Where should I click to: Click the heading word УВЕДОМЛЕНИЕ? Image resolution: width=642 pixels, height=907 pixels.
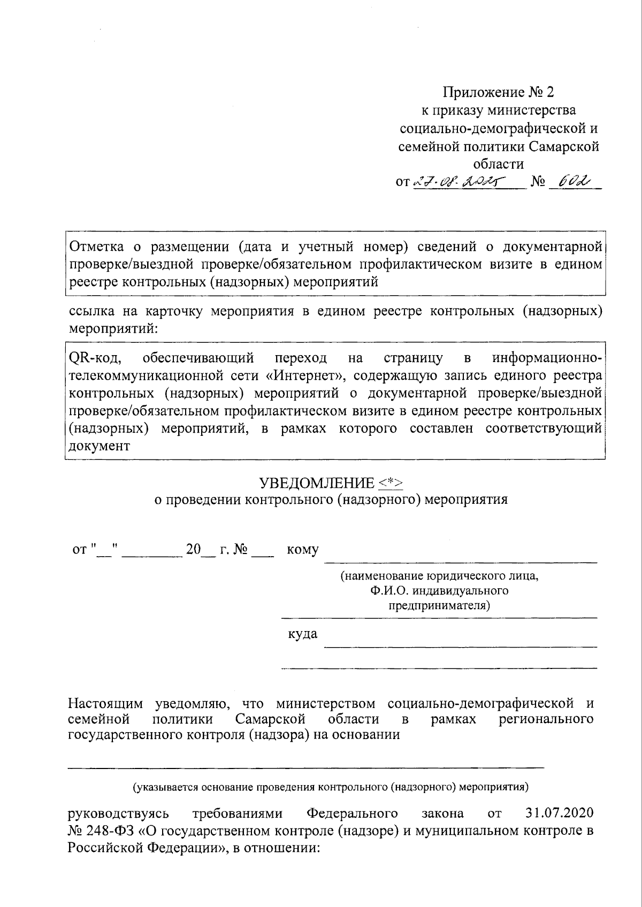pos(317,483)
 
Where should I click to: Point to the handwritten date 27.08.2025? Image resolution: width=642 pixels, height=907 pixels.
pos(460,182)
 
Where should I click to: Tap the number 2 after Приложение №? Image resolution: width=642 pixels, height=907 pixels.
pos(550,93)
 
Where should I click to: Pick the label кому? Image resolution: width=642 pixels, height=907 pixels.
pos(303,550)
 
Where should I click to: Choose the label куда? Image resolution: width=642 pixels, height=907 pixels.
pos(302,634)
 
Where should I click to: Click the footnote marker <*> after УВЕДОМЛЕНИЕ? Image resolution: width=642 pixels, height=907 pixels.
pos(391,483)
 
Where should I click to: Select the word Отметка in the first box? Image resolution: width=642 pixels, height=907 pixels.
pos(97,247)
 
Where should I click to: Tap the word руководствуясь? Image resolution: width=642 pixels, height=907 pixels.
pos(118,813)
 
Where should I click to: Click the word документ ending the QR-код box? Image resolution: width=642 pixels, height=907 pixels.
pos(100,446)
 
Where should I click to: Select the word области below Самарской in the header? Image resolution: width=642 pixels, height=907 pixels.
pos(498,164)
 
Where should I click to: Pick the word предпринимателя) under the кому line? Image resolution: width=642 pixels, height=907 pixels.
pos(439,606)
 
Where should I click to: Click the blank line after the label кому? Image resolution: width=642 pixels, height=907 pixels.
pos(461,562)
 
